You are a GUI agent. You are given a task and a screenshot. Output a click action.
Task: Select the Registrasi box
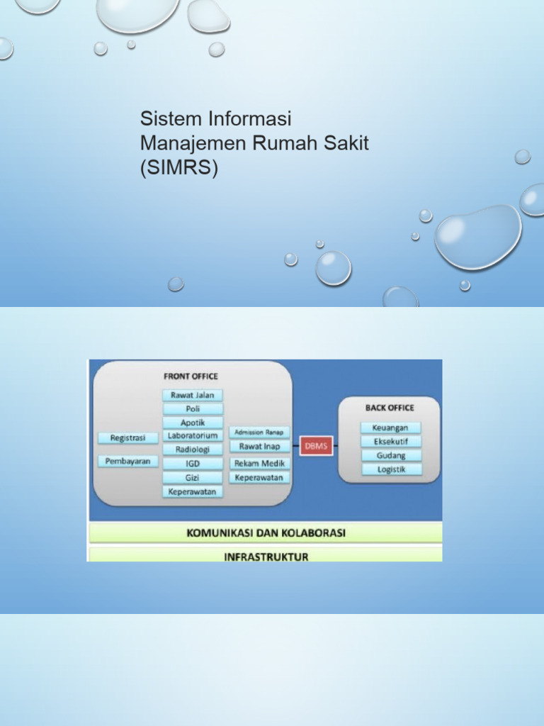(127, 438)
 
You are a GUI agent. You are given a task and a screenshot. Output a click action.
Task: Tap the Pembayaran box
(127, 461)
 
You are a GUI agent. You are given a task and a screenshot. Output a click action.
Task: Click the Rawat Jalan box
(193, 395)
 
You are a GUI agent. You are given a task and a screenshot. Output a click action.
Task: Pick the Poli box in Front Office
(193, 408)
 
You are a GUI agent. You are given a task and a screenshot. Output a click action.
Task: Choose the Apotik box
(193, 423)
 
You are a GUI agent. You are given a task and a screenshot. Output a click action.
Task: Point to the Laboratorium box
(193, 435)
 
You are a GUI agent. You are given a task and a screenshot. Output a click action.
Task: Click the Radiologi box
(193, 449)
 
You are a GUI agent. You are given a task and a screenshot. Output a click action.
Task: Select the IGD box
(193, 464)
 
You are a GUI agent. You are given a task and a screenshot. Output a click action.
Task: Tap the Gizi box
(193, 478)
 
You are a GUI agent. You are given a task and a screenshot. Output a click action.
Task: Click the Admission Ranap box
(259, 432)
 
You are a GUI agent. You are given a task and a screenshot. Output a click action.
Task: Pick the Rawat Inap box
(259, 447)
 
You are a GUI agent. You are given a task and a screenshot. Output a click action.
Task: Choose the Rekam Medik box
(259, 464)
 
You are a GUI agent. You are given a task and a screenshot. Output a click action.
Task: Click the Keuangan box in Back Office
(390, 428)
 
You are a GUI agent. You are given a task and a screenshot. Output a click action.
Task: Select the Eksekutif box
(390, 441)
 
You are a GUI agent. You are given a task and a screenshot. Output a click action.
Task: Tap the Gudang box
(390, 455)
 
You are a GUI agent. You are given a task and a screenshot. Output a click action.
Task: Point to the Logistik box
(390, 469)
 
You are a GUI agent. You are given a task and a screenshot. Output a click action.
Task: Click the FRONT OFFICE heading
(191, 376)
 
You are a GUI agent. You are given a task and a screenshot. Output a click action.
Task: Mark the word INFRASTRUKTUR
(266, 557)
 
